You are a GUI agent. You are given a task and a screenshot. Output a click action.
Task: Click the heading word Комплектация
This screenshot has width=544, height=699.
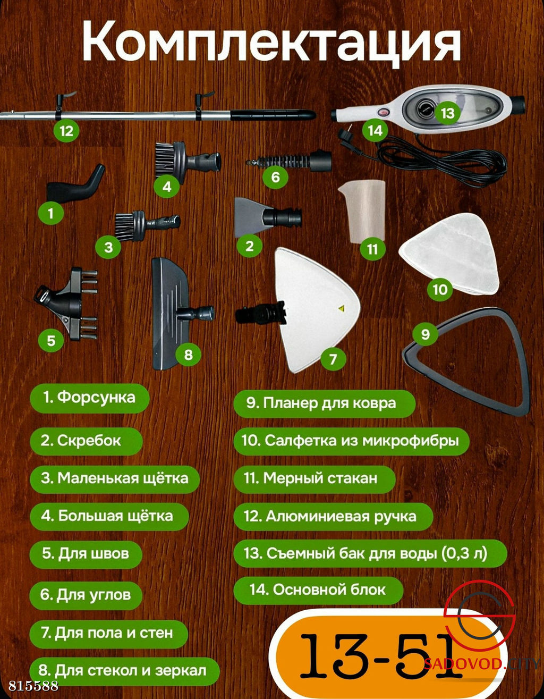[271, 43]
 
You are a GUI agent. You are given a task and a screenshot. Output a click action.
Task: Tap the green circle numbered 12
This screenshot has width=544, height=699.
[66, 131]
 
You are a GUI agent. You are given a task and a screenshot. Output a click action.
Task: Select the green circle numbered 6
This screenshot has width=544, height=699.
[276, 177]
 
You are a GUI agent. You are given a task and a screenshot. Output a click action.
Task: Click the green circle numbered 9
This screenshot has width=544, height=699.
[426, 334]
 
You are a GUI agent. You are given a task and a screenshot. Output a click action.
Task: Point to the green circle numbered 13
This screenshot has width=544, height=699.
[448, 113]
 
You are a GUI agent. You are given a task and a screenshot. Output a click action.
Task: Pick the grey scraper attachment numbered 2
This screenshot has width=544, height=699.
[268, 217]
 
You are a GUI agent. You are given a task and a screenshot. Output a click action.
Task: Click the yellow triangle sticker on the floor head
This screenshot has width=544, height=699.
[341, 308]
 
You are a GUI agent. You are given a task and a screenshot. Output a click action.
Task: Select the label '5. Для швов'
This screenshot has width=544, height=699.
[86, 553]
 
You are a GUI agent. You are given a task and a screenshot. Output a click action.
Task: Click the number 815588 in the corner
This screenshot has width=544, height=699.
[33, 685]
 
